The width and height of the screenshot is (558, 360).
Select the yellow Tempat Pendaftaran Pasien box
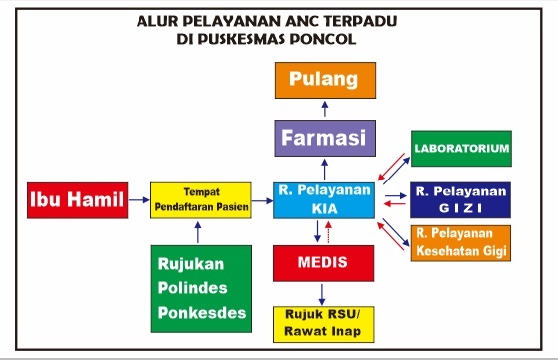click(200, 200)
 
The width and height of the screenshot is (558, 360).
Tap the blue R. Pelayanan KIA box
click(323, 199)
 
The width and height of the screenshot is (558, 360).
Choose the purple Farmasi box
click(323, 136)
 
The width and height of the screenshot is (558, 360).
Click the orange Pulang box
click(323, 80)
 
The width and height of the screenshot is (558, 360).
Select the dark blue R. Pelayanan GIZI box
click(460, 199)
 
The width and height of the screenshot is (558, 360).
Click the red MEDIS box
click(323, 264)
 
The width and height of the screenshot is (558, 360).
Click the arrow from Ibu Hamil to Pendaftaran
click(139, 200)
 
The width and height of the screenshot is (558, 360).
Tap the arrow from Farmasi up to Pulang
click(323, 108)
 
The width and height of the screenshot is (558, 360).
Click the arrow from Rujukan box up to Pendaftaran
click(199, 232)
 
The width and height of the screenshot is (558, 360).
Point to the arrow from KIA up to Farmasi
click(323, 168)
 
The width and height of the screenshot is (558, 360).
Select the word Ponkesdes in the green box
click(200, 313)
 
